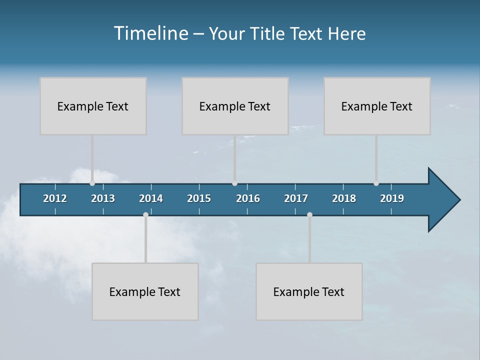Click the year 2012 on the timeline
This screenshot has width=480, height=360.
55,198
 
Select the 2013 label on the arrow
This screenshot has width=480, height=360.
103,198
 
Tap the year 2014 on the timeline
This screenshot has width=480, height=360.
151,198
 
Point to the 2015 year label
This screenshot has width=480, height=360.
199,198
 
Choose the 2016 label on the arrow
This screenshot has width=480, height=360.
248,198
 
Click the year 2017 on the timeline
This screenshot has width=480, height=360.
296,198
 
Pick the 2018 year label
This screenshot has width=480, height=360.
344,198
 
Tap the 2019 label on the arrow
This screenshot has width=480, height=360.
392,198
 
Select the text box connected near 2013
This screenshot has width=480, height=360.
93,106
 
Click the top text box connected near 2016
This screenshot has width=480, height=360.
235,106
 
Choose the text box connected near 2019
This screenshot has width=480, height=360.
377,106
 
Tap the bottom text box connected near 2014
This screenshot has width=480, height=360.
145,291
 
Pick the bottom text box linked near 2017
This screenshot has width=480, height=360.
309,291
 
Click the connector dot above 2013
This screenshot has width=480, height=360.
92,183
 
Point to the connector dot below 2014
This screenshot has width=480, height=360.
145,215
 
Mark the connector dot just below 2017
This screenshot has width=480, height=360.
309,215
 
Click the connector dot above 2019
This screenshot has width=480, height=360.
376,183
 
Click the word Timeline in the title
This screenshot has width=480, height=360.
151,33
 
